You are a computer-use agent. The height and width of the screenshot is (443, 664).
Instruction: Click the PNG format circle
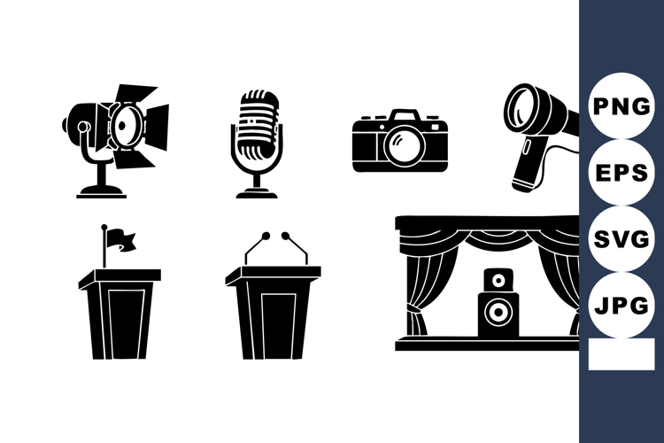(x=622, y=105)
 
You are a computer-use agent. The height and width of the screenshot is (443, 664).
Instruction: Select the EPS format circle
(x=622, y=173)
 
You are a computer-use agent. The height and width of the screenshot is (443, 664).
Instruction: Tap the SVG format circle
(x=622, y=239)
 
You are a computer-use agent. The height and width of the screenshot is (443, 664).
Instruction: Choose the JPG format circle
(x=622, y=307)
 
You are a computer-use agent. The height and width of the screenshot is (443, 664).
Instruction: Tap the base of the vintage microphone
(x=258, y=192)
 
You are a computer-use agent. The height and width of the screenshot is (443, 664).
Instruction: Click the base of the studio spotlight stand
(x=100, y=190)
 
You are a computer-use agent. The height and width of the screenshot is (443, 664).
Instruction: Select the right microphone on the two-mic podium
(x=286, y=237)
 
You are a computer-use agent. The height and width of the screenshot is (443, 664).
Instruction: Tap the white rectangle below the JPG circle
(x=622, y=354)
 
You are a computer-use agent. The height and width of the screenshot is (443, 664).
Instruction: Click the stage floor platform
(x=487, y=344)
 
